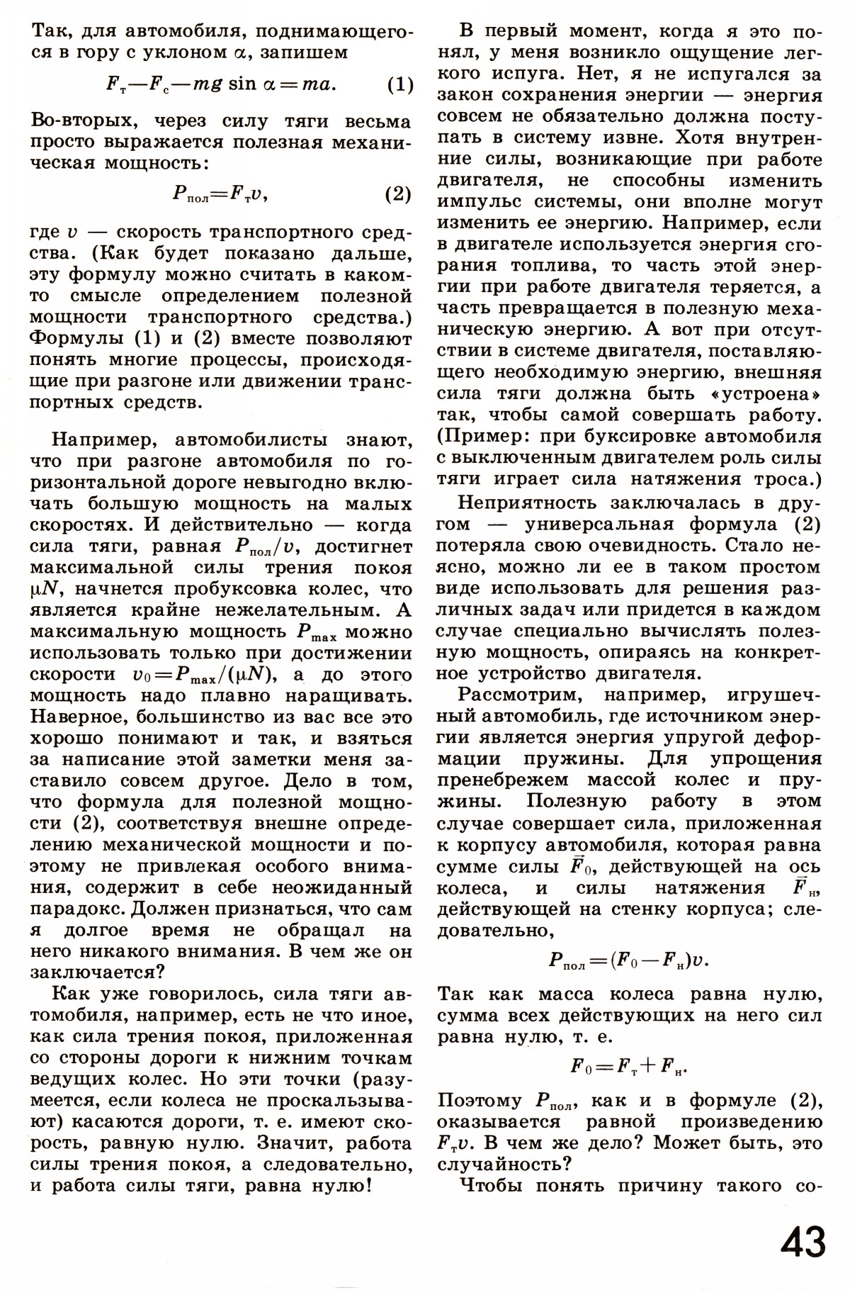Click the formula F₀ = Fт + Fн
[x=630, y=1066]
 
